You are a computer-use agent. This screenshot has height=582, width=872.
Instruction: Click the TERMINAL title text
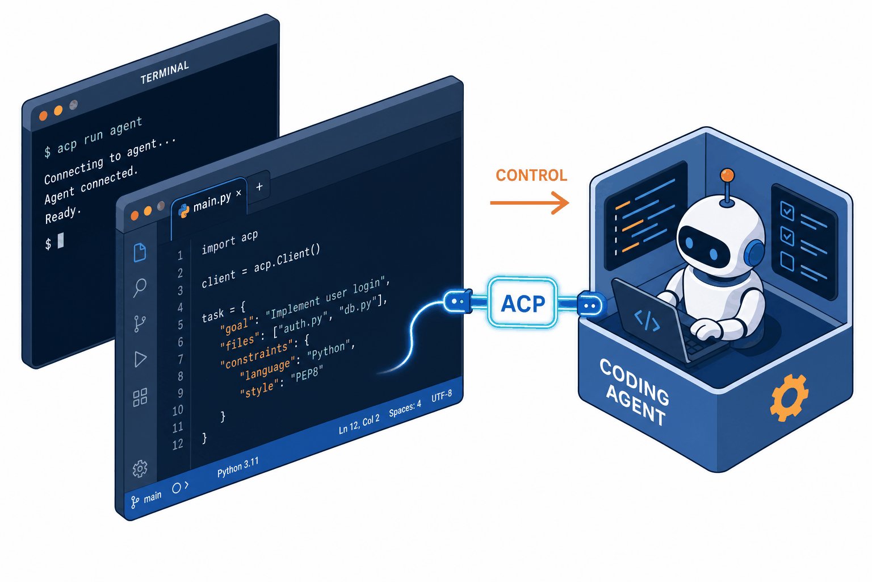coord(165,73)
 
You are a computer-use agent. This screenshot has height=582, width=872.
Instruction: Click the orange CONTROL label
coord(531,176)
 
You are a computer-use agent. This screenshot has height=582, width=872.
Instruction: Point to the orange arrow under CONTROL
coord(530,203)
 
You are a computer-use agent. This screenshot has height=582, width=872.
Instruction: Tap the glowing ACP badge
coord(523,303)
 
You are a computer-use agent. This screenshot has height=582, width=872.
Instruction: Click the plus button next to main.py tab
coord(259,187)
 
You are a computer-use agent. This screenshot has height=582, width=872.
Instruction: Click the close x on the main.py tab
coord(238,193)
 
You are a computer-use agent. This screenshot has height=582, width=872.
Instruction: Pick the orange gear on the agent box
coord(790,398)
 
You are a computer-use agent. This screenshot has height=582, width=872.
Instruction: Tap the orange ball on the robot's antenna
coord(727,176)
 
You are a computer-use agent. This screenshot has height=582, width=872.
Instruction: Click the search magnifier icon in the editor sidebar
coord(139,288)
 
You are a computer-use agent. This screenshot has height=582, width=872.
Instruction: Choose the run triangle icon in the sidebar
coord(140,359)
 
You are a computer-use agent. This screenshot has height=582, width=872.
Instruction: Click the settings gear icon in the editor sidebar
coord(140,468)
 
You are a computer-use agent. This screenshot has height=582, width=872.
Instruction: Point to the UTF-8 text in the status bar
coord(442,396)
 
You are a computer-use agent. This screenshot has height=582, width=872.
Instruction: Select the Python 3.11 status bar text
coord(237,467)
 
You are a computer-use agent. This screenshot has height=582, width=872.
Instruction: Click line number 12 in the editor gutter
coord(178,444)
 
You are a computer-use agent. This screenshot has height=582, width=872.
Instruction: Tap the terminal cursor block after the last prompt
coord(61,240)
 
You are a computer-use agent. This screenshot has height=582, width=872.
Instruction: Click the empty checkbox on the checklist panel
coord(787,261)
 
